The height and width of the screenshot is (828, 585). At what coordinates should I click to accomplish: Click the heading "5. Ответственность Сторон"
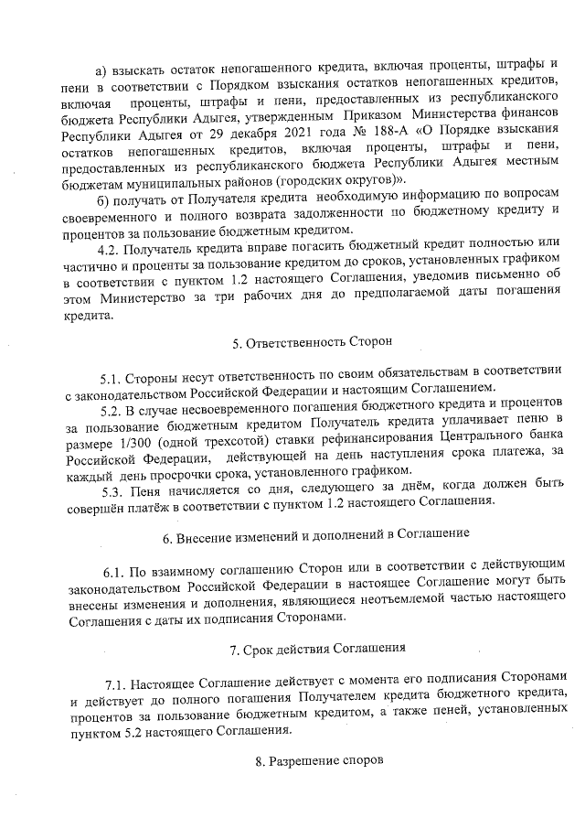click(312, 343)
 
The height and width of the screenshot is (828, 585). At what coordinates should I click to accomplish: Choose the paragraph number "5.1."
click(116, 379)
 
